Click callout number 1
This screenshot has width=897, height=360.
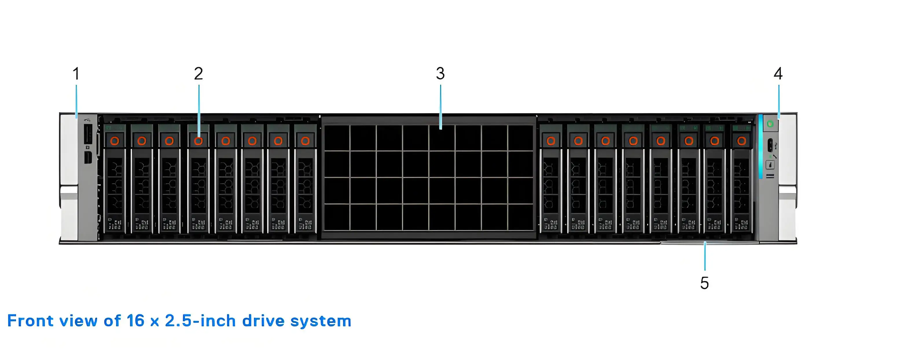coord(76,74)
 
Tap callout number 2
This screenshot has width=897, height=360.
coord(198,74)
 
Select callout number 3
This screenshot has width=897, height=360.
coord(440,74)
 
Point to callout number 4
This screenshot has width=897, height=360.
coord(778,74)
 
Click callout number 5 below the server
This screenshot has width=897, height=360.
coord(705,283)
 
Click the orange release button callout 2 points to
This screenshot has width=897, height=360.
coord(198,141)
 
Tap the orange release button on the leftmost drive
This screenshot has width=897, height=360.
coord(115,141)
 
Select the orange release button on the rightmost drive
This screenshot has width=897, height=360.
coord(742,141)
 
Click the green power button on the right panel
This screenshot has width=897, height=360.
coord(770,124)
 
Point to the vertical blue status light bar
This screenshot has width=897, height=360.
coord(761,146)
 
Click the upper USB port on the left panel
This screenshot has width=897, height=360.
coord(88,134)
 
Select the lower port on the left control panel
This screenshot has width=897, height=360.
coord(88,157)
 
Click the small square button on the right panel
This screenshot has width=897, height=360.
coord(770,165)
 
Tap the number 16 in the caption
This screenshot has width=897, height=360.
coord(135,321)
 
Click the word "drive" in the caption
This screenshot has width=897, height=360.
coord(263,321)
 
